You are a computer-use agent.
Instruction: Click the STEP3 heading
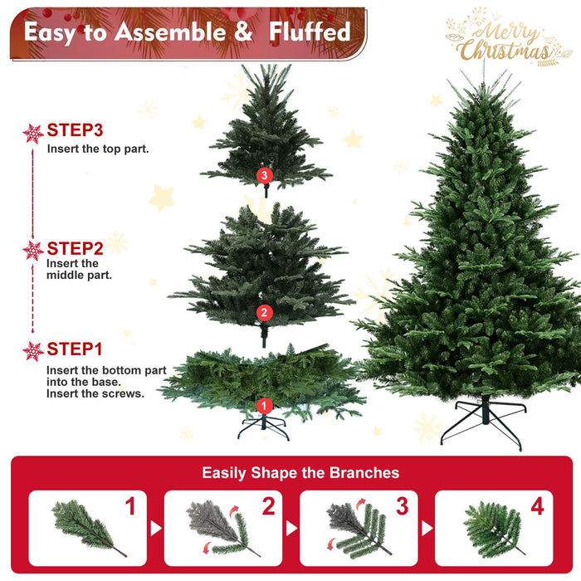click(x=75, y=130)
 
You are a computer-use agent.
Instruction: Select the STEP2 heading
click(x=75, y=248)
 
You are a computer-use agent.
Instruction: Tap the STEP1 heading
click(x=75, y=349)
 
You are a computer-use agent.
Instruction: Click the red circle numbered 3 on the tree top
click(x=264, y=175)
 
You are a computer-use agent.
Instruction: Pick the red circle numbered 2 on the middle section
click(x=264, y=312)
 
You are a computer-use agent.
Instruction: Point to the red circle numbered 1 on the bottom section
click(x=264, y=406)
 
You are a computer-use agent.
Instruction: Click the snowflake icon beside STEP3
click(x=33, y=133)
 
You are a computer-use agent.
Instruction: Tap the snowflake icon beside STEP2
click(x=33, y=250)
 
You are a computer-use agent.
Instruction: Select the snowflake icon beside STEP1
click(x=33, y=351)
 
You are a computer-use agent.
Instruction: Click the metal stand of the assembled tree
click(x=482, y=420)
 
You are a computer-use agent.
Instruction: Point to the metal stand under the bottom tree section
click(x=263, y=427)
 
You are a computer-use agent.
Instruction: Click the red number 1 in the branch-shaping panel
click(x=130, y=506)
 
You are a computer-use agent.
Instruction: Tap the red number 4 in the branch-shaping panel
click(x=537, y=506)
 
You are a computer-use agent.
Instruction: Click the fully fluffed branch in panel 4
click(x=491, y=528)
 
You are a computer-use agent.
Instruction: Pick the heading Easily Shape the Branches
click(x=300, y=473)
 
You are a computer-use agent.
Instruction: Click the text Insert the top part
click(x=98, y=149)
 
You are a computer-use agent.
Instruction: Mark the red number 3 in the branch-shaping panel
click(x=402, y=506)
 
